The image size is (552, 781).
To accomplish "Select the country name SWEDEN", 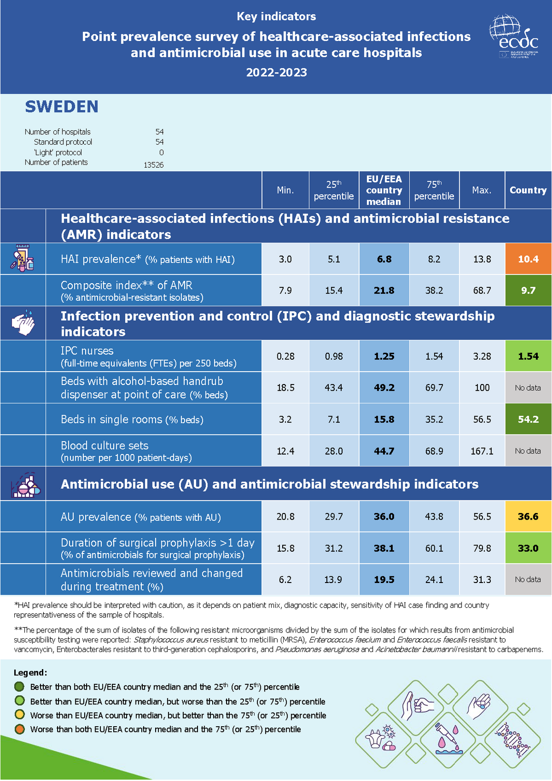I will tap(61, 107).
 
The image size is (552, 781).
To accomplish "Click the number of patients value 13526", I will tap(153, 165).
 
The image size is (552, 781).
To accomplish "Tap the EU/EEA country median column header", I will tap(384, 190).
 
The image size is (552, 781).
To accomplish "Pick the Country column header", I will tap(528, 190).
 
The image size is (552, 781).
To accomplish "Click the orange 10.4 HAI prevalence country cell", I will tap(528, 259).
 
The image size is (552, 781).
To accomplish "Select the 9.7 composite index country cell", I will tap(528, 290).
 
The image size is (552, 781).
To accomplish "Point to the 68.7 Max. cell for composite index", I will tap(482, 290).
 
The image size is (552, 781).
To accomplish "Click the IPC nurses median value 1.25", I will tap(384, 356).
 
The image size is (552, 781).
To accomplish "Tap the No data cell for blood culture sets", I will tap(528, 451).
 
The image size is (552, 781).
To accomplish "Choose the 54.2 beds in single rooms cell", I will tap(528, 419).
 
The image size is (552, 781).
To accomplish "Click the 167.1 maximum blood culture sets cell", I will tap(482, 451).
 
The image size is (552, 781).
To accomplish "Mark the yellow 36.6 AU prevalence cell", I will tap(528, 516).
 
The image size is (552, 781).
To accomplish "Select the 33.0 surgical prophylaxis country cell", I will tap(528, 548).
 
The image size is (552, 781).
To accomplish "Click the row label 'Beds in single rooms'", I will tap(111, 419).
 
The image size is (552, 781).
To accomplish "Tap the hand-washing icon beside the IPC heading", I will tap(23, 323).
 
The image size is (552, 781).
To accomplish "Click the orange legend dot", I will tap(20, 729).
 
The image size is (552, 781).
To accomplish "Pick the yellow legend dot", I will tap(20, 715).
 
